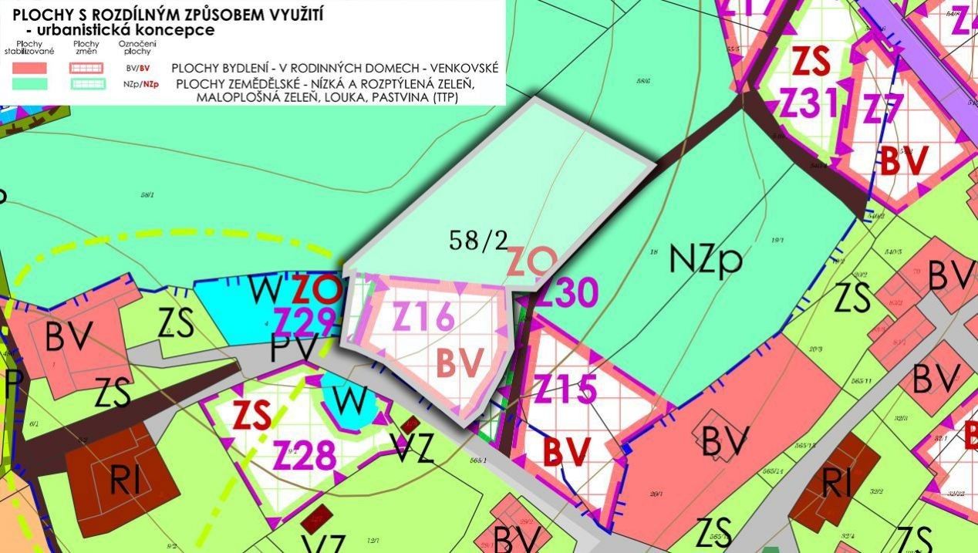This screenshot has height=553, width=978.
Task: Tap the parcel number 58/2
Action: [479, 241]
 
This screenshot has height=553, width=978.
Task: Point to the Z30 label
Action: [567, 293]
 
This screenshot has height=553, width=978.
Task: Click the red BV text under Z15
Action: [566, 451]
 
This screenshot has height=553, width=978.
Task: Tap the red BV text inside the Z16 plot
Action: [460, 362]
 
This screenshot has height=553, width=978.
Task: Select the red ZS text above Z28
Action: [251, 416]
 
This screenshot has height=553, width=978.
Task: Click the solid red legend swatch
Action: [30, 67]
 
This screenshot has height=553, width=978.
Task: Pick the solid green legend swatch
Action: [30, 84]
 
